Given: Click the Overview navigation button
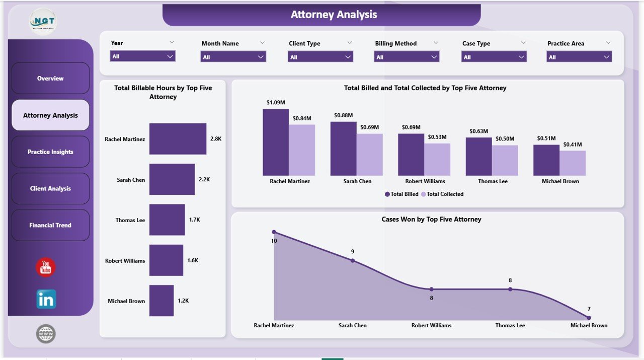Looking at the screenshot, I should point(50,79).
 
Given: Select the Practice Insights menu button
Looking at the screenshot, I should point(50,152).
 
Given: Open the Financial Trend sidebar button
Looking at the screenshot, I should point(50,226).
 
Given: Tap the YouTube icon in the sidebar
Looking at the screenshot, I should point(46,267).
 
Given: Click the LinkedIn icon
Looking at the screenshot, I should point(46,299).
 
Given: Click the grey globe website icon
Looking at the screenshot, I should point(46,334).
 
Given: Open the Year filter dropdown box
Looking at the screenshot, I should point(142,56).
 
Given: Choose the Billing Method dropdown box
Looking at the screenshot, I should point(407,57).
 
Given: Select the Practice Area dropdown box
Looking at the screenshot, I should point(579,57).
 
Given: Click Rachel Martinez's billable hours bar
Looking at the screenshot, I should point(178,139).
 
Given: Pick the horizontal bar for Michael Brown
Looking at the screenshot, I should point(162,301).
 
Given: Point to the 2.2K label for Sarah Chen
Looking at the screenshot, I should point(204,180).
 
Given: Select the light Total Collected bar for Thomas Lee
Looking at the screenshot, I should point(505,160).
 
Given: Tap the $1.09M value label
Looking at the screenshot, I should point(275,102).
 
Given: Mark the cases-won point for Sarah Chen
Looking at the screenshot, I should point(353,260).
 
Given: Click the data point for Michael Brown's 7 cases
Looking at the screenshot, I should point(589,318).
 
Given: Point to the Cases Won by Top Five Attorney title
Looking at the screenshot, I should point(431,220).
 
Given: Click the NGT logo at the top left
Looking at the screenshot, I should point(43,22).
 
